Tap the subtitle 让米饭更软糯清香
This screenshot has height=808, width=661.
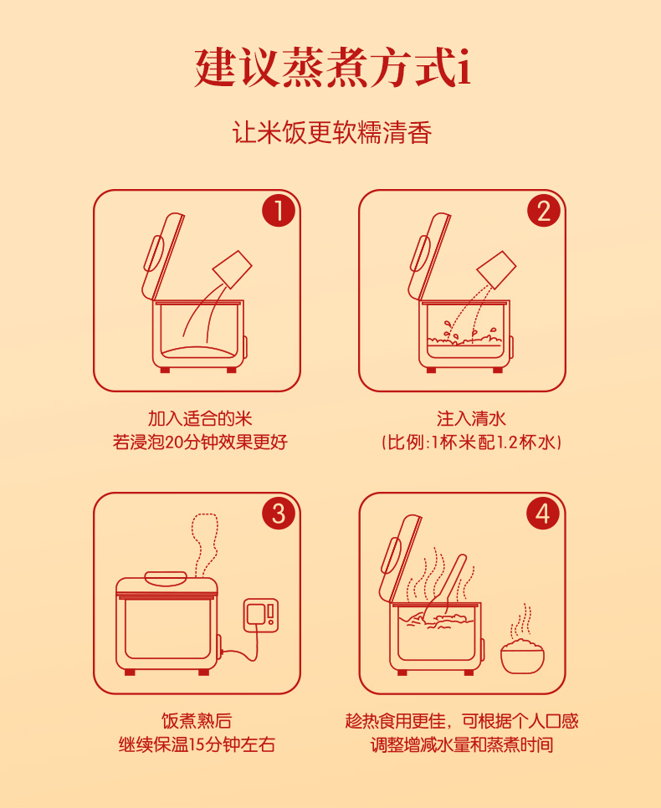331,132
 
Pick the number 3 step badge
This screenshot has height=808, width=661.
279,513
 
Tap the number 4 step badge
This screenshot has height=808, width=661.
543,513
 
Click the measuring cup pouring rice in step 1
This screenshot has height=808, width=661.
233,269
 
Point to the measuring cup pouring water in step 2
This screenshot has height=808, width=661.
496,269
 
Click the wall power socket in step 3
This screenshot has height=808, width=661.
261,615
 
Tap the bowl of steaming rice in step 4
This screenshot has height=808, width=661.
522,656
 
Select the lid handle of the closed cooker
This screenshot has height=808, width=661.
166,579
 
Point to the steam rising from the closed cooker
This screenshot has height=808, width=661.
206,543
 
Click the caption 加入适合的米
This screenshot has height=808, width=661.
200,418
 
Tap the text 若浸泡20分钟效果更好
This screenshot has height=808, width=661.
200,442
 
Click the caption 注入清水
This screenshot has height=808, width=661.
471,418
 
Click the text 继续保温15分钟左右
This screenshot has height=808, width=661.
197,744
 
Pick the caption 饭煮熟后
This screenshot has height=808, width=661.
197,721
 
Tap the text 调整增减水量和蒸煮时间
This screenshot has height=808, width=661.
462,744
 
